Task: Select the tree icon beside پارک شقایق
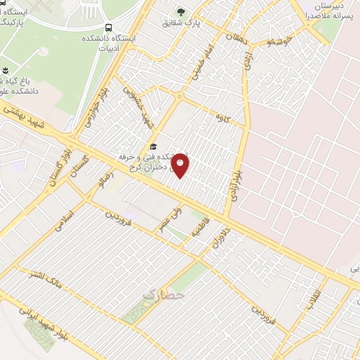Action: tap(181, 11)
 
